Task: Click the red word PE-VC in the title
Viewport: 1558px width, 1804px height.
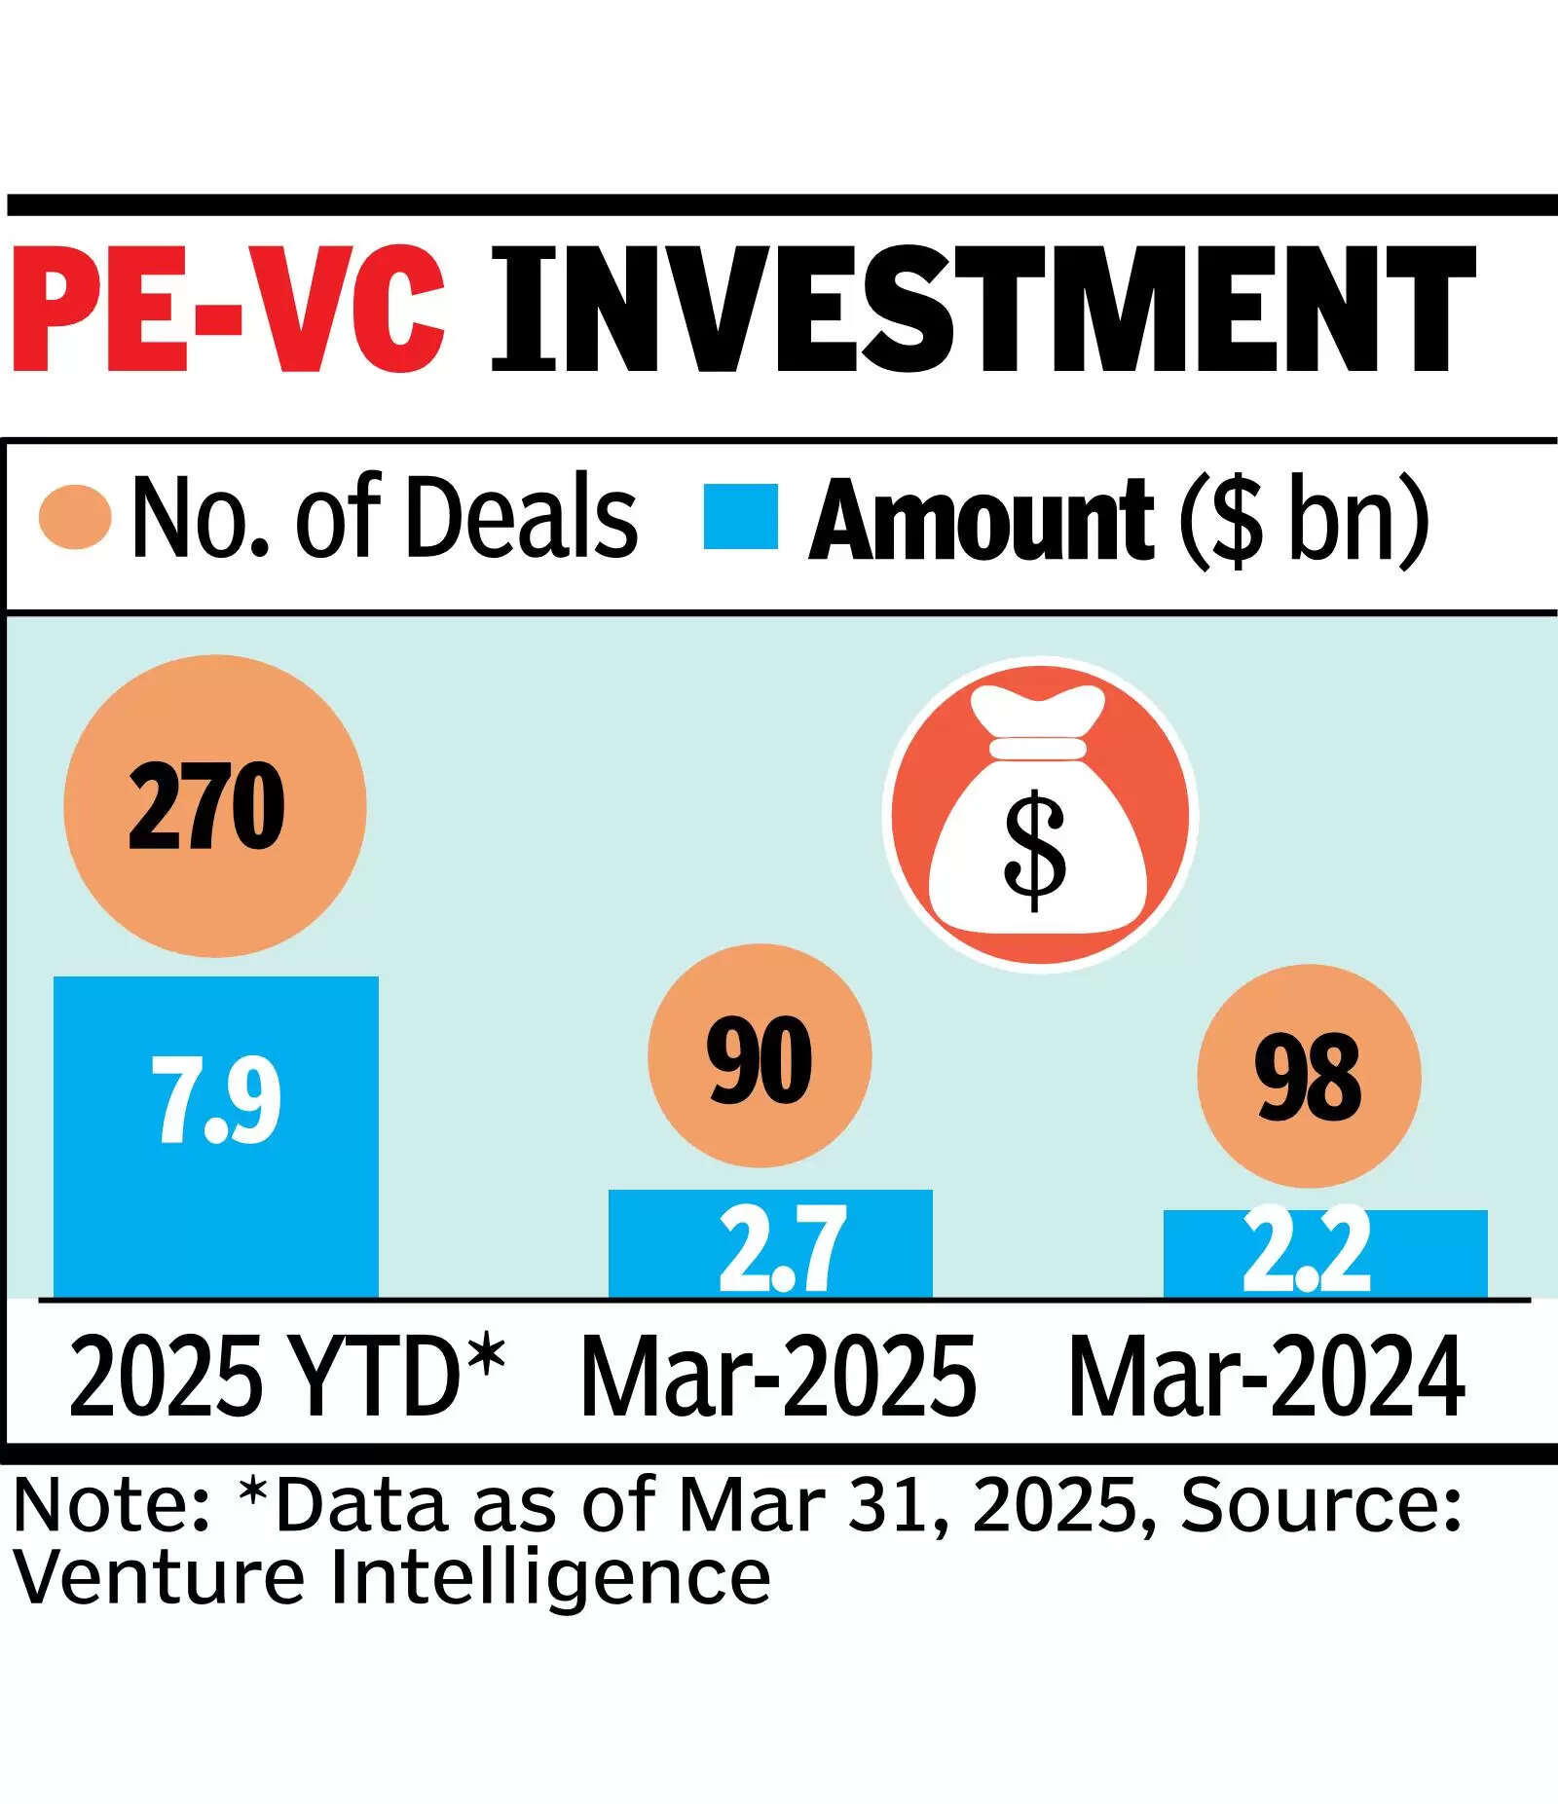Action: (x=230, y=311)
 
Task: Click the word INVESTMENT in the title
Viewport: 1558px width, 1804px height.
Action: (x=984, y=311)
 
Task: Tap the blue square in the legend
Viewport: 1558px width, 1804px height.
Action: (x=741, y=516)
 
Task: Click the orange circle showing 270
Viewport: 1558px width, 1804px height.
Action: (x=215, y=806)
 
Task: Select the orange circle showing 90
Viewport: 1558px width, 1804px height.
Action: (x=760, y=1055)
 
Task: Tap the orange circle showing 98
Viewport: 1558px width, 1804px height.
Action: (x=1309, y=1076)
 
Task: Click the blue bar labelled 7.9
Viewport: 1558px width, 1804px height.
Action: (x=216, y=1137)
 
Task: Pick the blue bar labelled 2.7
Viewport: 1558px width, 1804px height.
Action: (x=770, y=1244)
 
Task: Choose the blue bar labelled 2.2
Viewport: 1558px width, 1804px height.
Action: (x=1325, y=1255)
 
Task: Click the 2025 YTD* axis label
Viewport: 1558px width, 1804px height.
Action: (x=288, y=1377)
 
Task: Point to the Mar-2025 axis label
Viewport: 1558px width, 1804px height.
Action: (x=778, y=1377)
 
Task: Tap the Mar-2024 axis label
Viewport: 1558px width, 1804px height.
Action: (x=1267, y=1377)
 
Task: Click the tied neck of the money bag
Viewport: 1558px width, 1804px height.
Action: (x=1038, y=748)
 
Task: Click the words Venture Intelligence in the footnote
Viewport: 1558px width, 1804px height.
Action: (x=392, y=1578)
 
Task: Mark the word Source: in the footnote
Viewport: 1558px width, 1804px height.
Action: (x=1321, y=1505)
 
